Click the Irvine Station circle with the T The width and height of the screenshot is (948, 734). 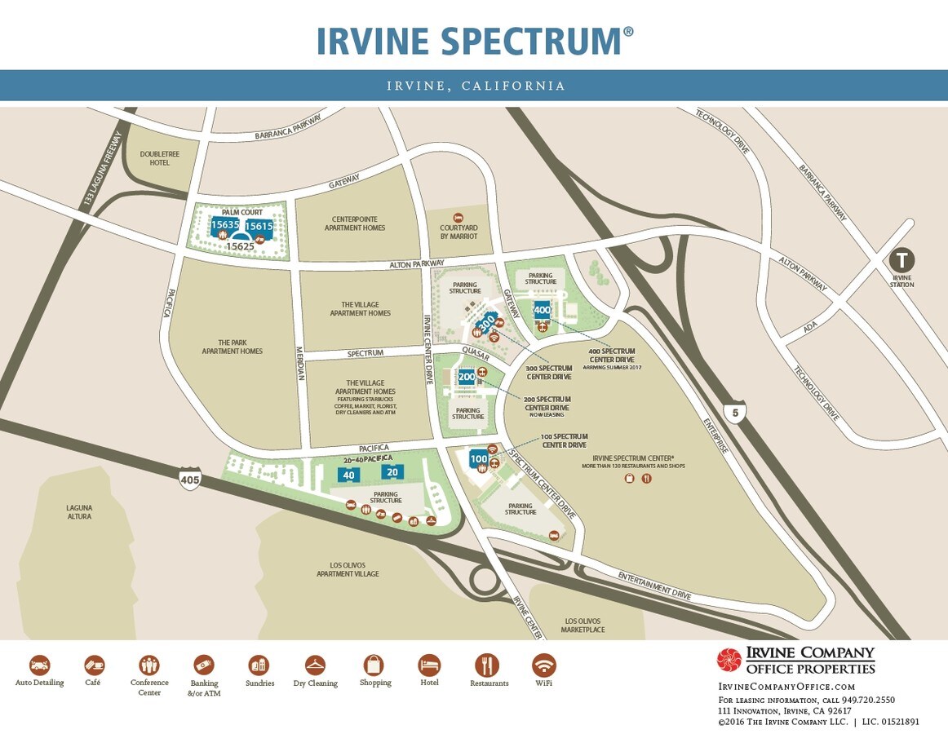(901, 261)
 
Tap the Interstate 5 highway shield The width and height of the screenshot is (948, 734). (735, 413)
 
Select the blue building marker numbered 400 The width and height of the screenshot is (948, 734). (542, 310)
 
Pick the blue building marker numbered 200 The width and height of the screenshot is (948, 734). (467, 377)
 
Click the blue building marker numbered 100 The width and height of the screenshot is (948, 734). (479, 459)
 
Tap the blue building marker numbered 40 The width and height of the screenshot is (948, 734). (349, 475)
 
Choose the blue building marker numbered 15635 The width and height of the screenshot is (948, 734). (224, 225)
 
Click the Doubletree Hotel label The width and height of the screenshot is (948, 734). (155, 158)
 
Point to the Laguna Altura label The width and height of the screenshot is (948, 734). (79, 511)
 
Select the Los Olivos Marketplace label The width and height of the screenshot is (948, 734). (583, 625)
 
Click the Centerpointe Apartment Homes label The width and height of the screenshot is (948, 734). (358, 223)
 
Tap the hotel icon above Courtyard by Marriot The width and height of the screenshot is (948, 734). (458, 219)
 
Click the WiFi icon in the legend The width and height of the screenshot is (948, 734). (543, 665)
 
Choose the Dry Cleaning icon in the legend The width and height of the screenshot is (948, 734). (315, 665)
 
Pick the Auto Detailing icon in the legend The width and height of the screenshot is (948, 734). (39, 665)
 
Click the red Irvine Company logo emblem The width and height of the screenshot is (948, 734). (729, 661)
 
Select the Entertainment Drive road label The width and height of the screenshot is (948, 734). (654, 586)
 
